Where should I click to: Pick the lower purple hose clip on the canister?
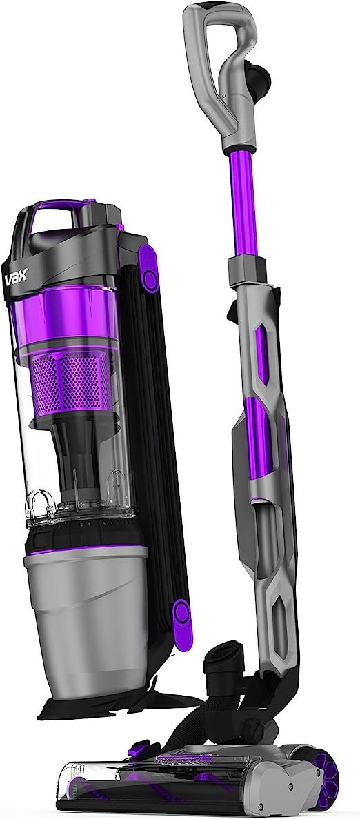click(x=181, y=624)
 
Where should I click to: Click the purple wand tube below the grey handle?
click(x=242, y=203)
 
